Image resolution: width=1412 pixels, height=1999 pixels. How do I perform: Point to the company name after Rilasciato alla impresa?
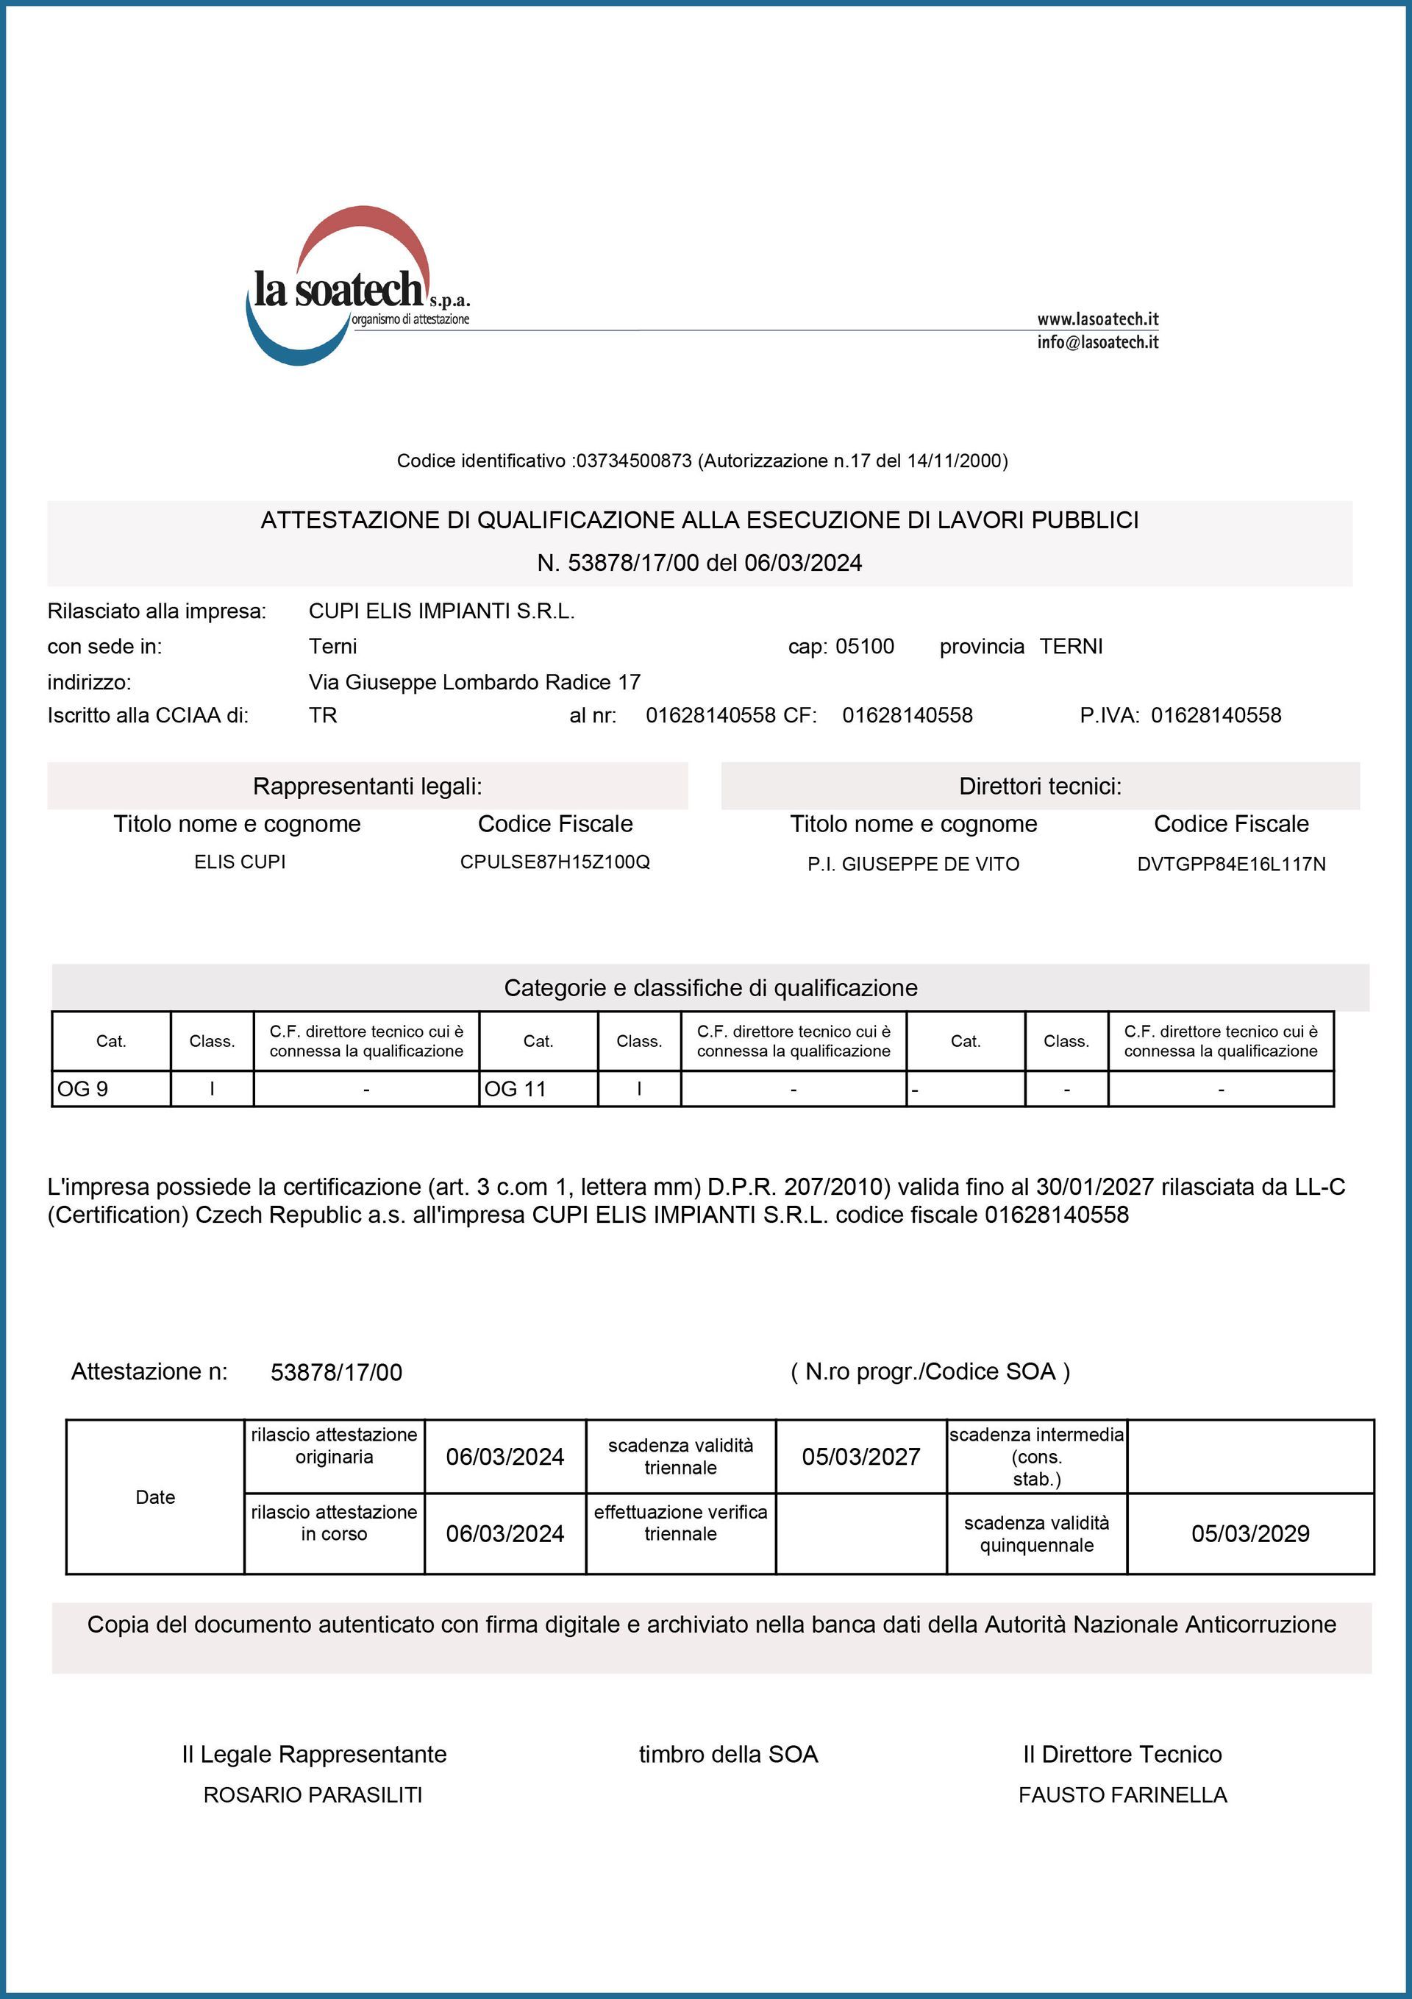tap(441, 611)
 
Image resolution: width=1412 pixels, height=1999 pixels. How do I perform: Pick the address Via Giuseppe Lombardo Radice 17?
tap(474, 682)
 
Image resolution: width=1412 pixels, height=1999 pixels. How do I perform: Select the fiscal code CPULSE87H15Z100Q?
tap(555, 862)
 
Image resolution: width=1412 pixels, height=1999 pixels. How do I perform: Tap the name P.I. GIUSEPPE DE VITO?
tap(913, 864)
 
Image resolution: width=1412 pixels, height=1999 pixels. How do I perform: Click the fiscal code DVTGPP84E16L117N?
tap(1231, 864)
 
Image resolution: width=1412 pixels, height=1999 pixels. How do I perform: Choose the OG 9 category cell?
tap(110, 1089)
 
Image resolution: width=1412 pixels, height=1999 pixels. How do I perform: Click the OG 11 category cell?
tap(538, 1089)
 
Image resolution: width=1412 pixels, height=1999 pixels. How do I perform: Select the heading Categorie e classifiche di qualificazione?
tap(710, 988)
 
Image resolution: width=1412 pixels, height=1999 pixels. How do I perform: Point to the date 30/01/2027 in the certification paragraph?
tap(1094, 1187)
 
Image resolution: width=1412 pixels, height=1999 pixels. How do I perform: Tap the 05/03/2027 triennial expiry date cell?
tap(861, 1457)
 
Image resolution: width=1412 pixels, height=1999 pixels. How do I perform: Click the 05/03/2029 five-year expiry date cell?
tap(1250, 1533)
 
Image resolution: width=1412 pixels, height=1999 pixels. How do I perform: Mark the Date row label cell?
tap(155, 1496)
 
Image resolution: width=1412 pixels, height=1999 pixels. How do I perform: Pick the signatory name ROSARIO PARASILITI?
tap(313, 1795)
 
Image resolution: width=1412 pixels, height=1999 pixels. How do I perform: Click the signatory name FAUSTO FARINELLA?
tap(1122, 1795)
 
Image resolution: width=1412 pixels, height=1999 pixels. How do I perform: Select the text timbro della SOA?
tap(728, 1754)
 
